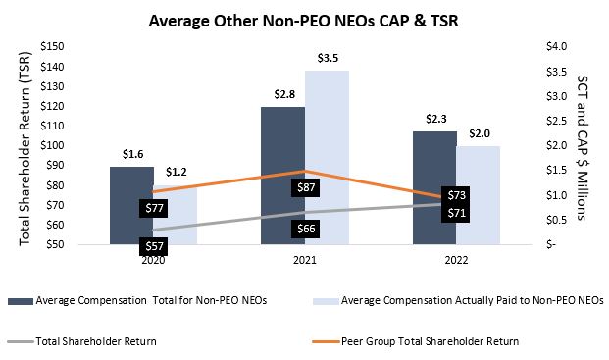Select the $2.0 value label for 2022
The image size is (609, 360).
click(x=478, y=134)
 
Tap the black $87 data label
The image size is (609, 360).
click(x=305, y=186)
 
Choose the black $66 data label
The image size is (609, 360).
click(x=305, y=229)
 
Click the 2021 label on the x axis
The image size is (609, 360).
click(x=305, y=262)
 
